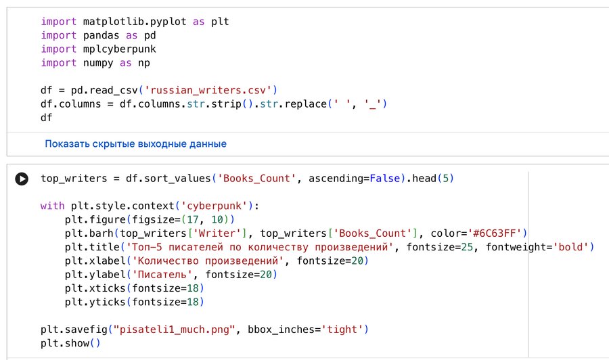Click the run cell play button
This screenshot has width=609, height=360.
(x=22, y=179)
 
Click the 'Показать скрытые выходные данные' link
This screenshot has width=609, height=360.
(x=135, y=144)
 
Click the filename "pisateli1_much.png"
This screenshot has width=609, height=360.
(x=175, y=330)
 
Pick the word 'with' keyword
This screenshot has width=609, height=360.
(x=52, y=206)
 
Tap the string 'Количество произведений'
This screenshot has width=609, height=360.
(x=207, y=261)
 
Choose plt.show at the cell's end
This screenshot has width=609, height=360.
(x=64, y=343)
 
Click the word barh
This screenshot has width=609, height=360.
(x=101, y=233)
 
